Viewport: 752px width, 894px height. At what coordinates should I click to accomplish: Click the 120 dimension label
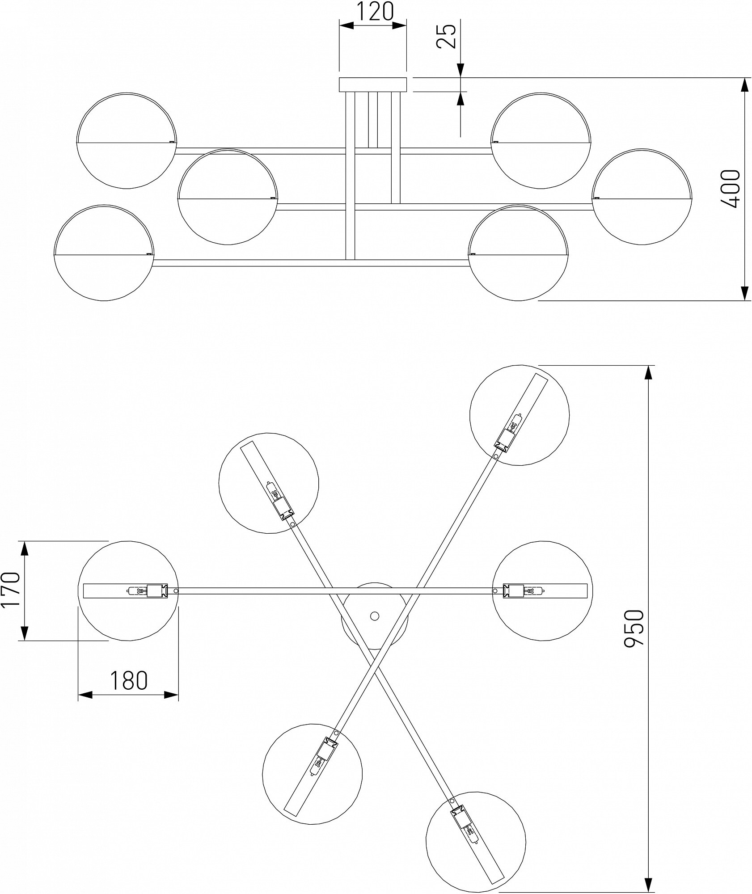[x=375, y=12]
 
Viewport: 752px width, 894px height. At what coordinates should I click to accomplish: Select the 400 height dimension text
[x=730, y=189]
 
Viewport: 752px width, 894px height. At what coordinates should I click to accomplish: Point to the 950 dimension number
[x=634, y=628]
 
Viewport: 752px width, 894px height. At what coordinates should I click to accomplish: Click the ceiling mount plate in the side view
[x=373, y=84]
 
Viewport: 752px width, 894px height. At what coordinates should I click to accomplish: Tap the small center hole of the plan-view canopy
[x=374, y=616]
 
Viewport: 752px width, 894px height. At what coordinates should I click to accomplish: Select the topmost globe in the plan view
[x=520, y=415]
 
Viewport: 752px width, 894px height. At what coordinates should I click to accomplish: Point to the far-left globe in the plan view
[x=128, y=591]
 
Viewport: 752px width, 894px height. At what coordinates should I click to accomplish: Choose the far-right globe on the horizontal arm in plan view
[x=542, y=591]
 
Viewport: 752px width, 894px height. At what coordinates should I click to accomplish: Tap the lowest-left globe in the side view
[x=104, y=253]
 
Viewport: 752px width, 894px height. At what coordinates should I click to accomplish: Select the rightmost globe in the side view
[x=643, y=197]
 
